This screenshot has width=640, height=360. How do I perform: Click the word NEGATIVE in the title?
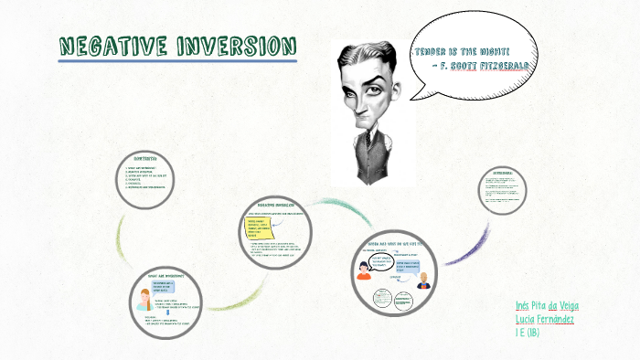[x=113, y=47]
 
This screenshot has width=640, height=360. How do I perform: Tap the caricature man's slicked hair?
[x=366, y=50]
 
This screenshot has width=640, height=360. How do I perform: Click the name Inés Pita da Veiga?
[x=547, y=305]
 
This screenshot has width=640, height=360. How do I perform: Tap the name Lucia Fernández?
[x=545, y=319]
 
